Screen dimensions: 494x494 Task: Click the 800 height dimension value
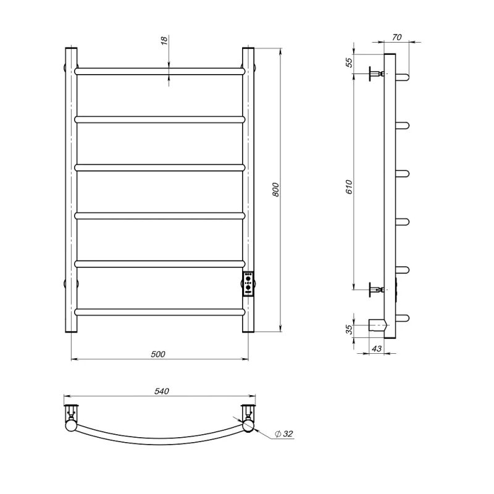[x=275, y=190]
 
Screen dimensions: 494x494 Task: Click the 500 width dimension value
[x=158, y=354]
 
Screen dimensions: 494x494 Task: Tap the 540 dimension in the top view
[x=162, y=391]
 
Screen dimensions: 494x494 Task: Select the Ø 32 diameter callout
[x=284, y=434]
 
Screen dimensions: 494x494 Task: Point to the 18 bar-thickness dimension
[x=164, y=41]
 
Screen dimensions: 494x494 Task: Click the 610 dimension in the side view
[x=349, y=187]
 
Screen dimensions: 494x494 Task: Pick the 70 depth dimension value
[x=397, y=37]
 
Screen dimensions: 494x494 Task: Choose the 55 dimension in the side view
[x=349, y=63]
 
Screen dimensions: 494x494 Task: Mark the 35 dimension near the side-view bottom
[x=349, y=330]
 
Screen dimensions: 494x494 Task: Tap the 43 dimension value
[x=377, y=348]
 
